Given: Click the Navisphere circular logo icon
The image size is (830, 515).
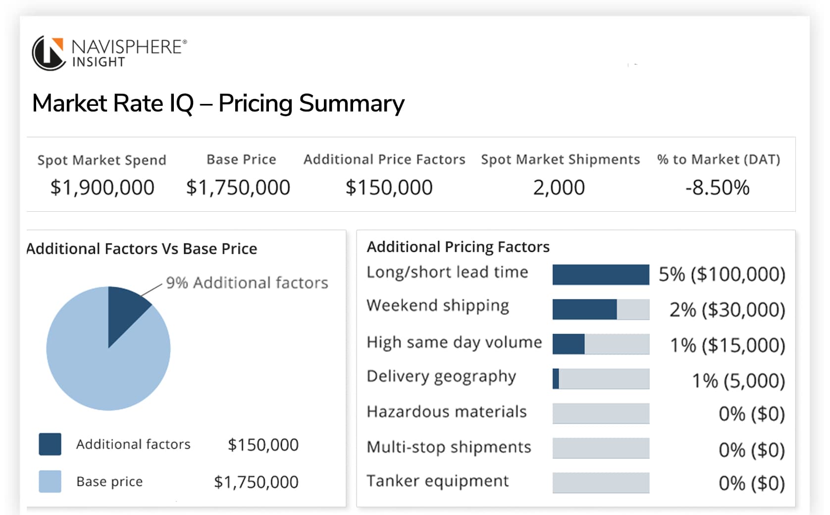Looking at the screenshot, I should [x=49, y=53].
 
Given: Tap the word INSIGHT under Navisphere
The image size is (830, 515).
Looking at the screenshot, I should [x=99, y=62].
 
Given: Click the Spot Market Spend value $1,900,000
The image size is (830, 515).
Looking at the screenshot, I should [x=102, y=187].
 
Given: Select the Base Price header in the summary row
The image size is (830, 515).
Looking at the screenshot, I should [x=241, y=159].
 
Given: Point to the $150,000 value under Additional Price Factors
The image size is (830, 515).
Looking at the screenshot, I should [x=389, y=187].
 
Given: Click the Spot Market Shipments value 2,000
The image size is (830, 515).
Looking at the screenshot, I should [x=559, y=187].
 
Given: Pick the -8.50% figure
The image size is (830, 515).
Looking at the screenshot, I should [x=717, y=187].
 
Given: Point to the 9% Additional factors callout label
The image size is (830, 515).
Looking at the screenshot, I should [x=247, y=282].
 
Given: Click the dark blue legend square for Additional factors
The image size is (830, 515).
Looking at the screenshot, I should [x=50, y=444].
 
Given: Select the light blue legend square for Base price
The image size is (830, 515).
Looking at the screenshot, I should [x=50, y=481].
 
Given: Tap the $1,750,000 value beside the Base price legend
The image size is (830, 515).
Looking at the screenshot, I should [x=256, y=482].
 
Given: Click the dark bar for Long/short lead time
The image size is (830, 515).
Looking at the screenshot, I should [x=600, y=275].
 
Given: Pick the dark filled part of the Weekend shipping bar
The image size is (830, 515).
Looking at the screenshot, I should [x=584, y=309].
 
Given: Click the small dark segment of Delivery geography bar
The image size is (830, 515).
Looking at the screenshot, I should [x=556, y=378].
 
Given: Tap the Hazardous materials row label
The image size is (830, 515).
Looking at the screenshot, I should [x=446, y=412].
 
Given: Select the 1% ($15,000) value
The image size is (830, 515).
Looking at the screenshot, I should [x=727, y=345].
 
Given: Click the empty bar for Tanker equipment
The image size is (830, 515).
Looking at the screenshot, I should [x=600, y=482].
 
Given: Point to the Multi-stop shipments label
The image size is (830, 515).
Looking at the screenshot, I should [x=449, y=447].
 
